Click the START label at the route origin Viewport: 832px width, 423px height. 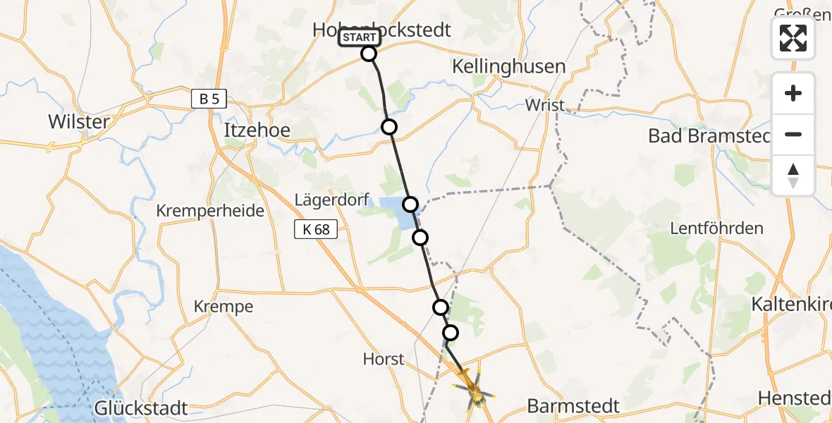click(359, 37)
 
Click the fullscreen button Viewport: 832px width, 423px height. click(793, 38)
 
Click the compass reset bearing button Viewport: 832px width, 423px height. click(793, 176)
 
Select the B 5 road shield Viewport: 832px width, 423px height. click(209, 99)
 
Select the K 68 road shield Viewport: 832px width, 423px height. click(312, 228)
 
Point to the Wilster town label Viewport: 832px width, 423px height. click(79, 121)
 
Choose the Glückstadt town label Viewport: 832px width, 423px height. click(142, 408)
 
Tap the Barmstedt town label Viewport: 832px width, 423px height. click(573, 406)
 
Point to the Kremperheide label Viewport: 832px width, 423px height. click(210, 211)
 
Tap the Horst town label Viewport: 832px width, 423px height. click(384, 359)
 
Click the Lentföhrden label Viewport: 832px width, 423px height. click(716, 228)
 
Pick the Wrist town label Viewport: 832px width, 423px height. click(544, 105)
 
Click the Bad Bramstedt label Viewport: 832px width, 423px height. click(712, 136)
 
